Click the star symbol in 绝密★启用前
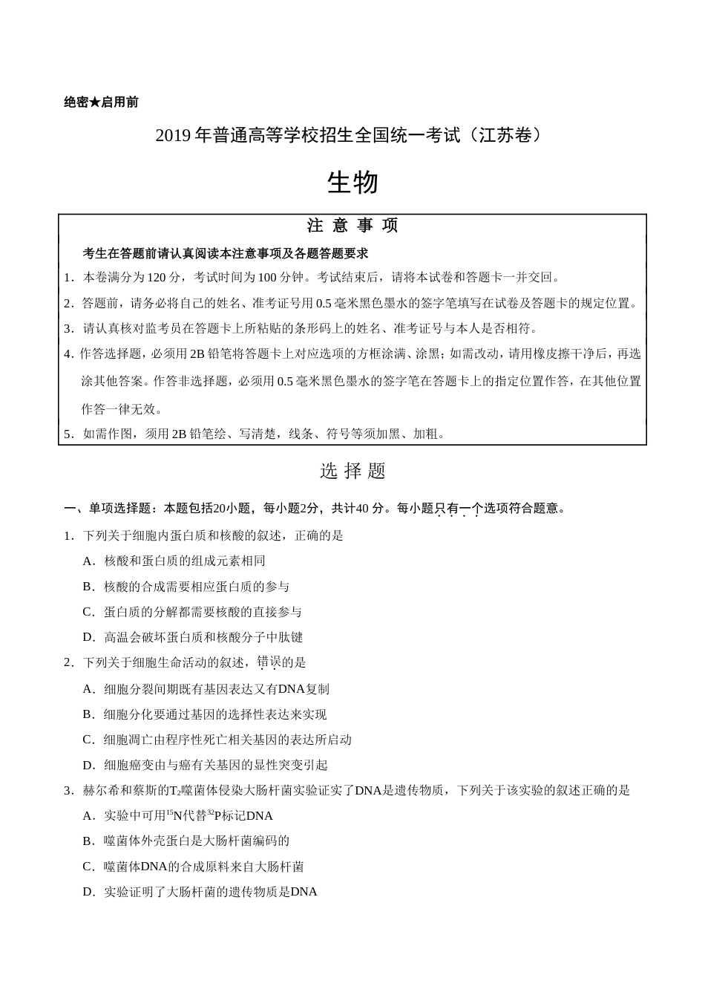tap(95, 102)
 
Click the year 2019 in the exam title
tap(173, 136)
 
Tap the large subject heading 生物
tap(352, 183)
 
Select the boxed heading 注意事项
tap(352, 226)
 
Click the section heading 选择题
tap(352, 471)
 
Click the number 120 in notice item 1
tap(157, 278)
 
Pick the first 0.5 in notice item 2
tap(324, 304)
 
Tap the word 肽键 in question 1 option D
tap(291, 637)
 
